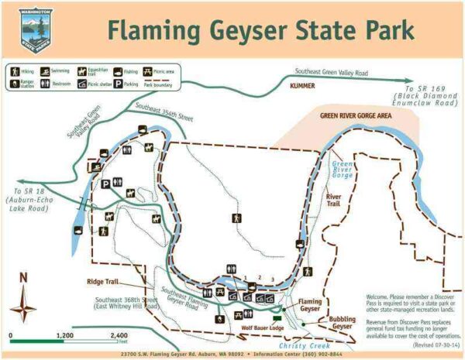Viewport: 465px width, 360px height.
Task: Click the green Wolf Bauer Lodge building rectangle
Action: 277,318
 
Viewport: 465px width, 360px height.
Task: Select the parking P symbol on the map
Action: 105,183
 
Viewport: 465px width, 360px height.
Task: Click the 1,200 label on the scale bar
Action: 65,335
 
